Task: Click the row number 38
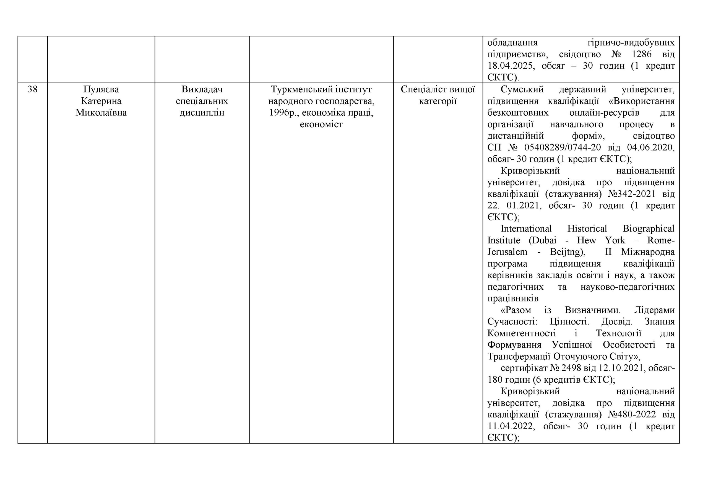point(32,89)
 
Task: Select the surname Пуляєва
point(101,89)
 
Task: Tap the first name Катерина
point(101,101)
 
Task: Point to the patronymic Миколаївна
point(101,113)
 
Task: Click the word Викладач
point(202,89)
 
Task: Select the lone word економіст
point(321,124)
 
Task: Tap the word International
point(526,229)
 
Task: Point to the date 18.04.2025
point(510,66)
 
